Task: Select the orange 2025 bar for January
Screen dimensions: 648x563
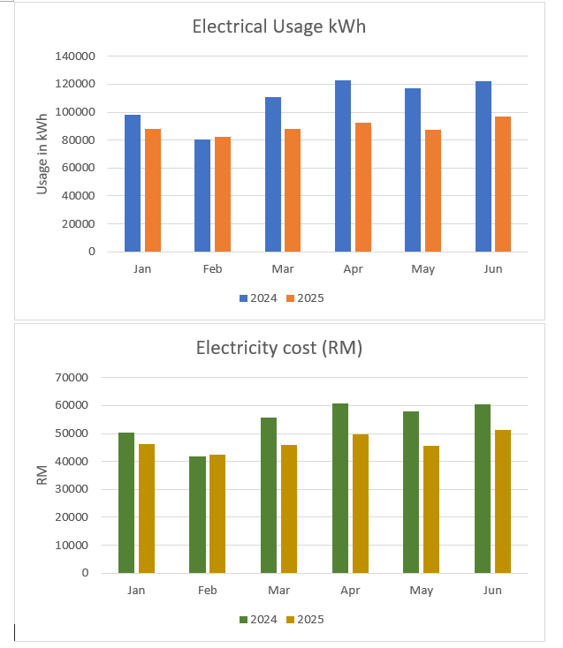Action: (153, 190)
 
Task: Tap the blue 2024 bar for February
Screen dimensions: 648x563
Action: (202, 195)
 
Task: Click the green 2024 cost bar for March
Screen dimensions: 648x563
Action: (269, 495)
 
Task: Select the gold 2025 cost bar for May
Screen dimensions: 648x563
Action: (430, 509)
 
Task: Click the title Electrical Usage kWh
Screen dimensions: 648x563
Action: (278, 26)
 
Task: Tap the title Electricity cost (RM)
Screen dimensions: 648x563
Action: (278, 348)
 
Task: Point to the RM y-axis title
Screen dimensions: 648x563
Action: (42, 475)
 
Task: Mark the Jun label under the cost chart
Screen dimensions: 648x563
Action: (492, 590)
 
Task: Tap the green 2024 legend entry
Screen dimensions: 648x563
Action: (256, 620)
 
